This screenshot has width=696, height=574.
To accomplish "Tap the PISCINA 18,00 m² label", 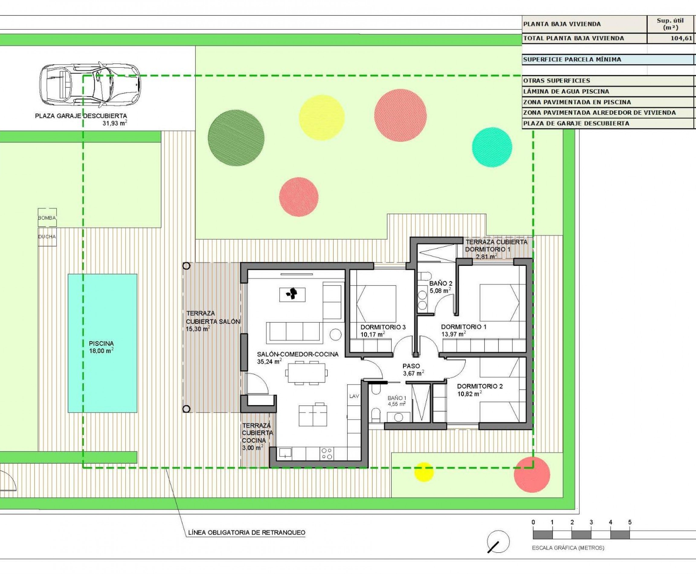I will [101, 347].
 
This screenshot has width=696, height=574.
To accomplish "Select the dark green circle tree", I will [236, 137].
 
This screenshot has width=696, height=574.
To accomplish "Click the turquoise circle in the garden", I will [492, 147].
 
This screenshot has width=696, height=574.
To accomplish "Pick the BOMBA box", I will [47, 218].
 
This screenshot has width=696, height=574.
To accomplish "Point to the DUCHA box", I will [47, 237].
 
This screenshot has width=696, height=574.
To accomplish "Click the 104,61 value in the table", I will [681, 38].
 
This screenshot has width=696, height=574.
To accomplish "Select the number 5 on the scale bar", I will [630, 522].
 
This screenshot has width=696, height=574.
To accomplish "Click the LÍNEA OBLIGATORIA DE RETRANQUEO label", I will [246, 533].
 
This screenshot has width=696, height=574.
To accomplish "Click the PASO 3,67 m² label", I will [412, 370].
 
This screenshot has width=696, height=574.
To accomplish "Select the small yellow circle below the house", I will [424, 472].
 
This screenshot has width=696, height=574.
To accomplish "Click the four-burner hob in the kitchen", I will [327, 453].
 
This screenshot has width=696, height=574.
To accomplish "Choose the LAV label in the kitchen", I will [354, 396].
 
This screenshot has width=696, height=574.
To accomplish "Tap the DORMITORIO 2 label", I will [479, 386].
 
